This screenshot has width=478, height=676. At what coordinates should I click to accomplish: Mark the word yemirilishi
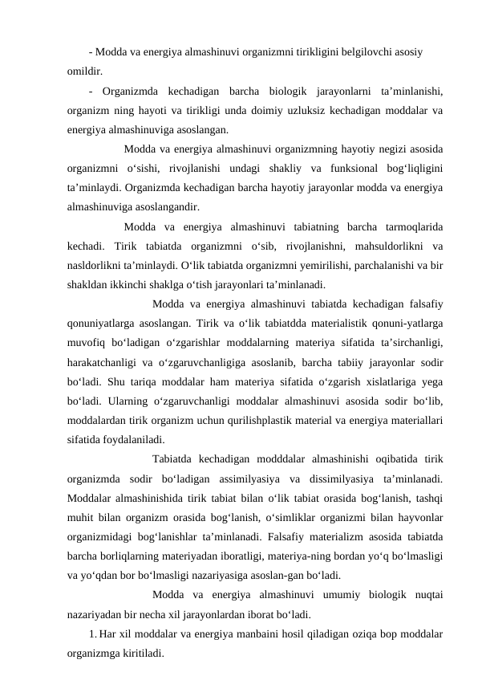coord(255,264)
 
